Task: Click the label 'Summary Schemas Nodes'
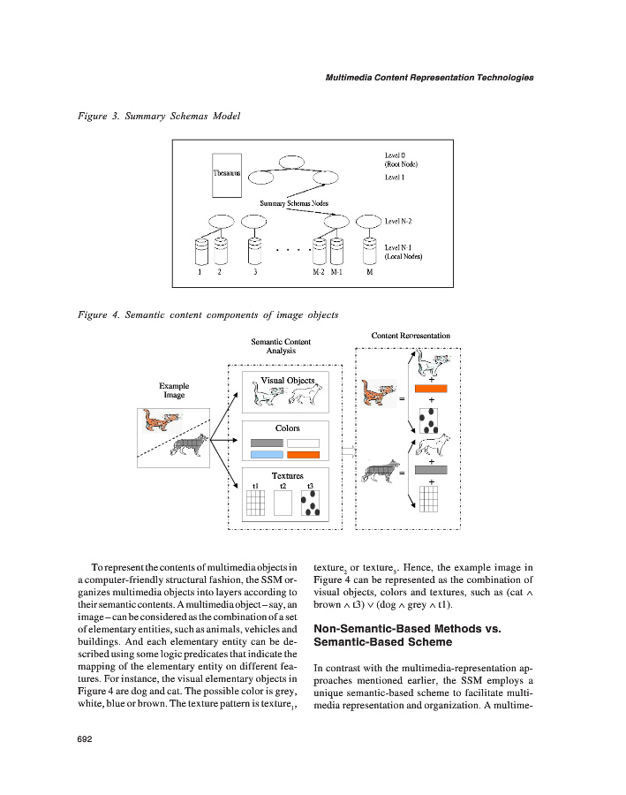294,203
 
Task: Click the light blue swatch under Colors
266,455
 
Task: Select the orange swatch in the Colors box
303,455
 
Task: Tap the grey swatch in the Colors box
266,443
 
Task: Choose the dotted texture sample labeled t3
310,503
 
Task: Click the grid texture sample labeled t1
256,503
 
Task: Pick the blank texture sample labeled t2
283,503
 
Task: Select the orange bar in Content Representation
431,388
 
